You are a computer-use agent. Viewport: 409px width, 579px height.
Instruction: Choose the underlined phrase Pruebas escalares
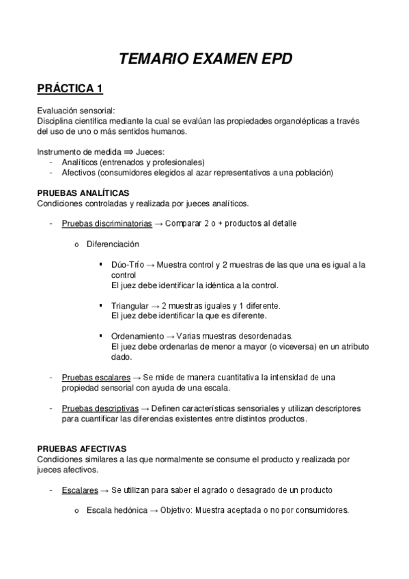(91, 377)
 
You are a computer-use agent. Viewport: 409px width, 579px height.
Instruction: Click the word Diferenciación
(113, 244)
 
